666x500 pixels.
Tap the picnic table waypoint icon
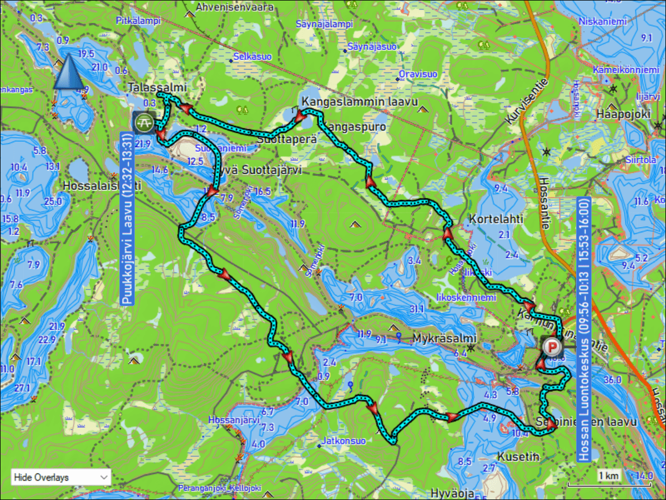pos(144,122)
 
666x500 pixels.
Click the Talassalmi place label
pos(157,87)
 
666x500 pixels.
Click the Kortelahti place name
pos(496,218)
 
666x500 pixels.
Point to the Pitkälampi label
pos(138,21)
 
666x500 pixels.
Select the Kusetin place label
pos(518,456)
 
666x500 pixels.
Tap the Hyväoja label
pos(452,493)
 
